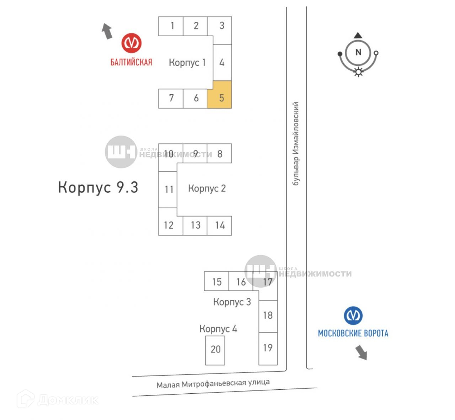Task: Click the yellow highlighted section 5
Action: click(219, 95)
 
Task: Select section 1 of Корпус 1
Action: click(171, 26)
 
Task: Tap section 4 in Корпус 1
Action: click(222, 63)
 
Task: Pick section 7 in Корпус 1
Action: click(171, 99)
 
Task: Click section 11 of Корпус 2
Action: click(168, 190)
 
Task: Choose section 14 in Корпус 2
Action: click(219, 225)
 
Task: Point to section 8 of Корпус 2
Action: click(219, 154)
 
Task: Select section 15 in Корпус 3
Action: click(216, 281)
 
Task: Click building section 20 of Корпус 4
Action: click(215, 350)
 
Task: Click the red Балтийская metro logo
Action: click(132, 43)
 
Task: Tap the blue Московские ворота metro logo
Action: click(353, 315)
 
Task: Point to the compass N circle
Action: click(358, 52)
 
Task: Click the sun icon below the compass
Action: click(358, 72)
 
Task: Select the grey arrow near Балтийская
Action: click(107, 31)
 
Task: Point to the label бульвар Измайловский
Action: click(296, 143)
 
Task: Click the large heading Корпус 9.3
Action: click(98, 187)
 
